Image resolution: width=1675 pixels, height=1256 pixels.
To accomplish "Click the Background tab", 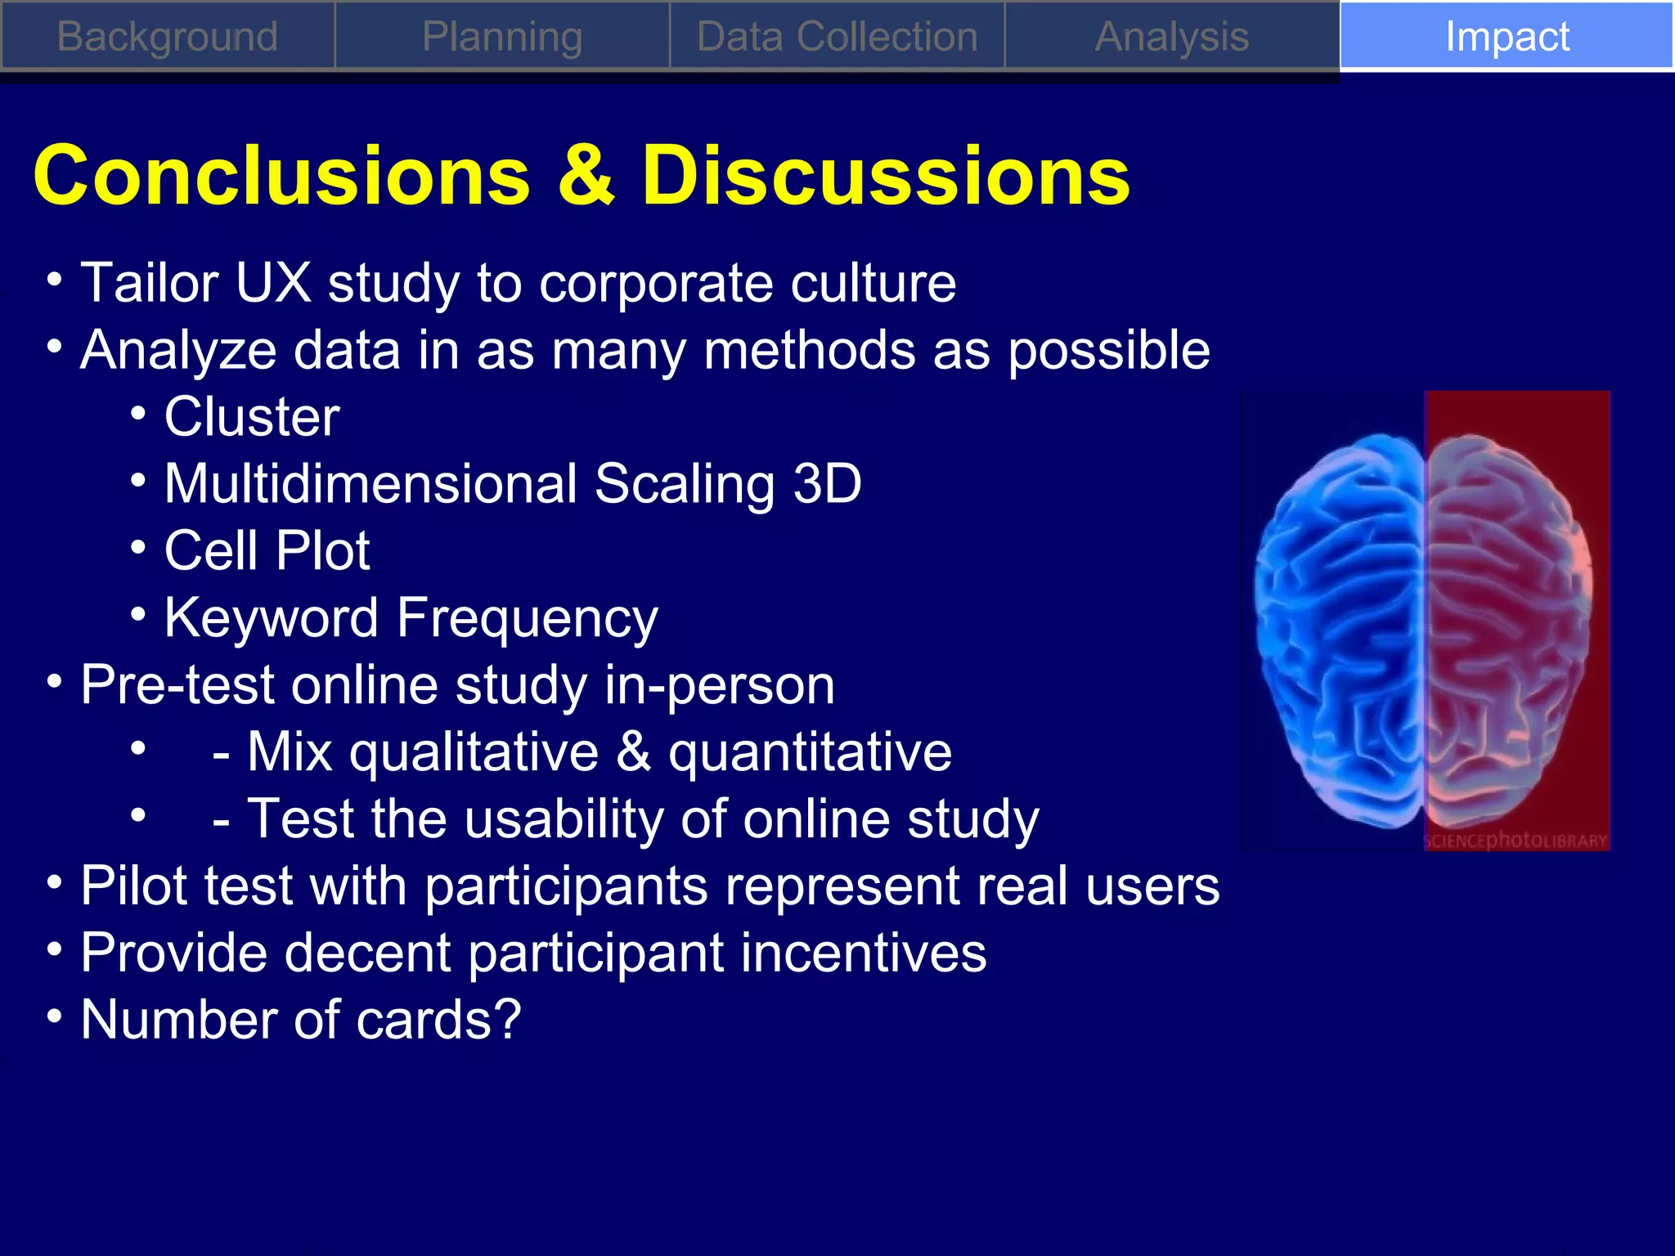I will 168,37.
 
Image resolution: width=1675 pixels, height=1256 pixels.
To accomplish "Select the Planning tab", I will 502,37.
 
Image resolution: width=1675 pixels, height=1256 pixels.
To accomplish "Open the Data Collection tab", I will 837,37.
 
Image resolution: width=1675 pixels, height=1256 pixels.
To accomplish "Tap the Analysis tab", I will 1172,37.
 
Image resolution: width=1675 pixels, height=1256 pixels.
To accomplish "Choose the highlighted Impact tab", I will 1507,37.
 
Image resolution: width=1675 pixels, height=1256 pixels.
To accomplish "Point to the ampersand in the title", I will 585,176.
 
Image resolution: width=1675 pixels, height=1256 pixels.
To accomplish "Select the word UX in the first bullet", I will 273,283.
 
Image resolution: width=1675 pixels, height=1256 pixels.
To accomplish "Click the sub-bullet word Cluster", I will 252,417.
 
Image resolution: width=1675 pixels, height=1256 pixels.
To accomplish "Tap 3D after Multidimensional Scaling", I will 827,483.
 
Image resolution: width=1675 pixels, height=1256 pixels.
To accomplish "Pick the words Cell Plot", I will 267,550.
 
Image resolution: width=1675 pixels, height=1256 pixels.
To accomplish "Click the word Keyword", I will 271,617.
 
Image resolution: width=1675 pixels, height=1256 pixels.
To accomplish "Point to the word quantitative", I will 810,751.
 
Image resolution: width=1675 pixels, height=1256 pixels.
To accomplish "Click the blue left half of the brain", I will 1341,630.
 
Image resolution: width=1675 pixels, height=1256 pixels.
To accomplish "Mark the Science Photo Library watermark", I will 1516,840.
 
